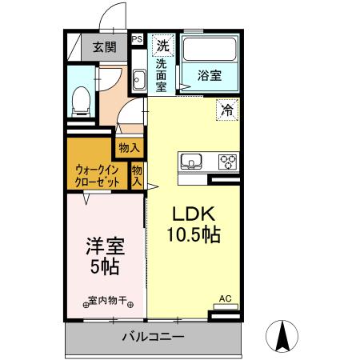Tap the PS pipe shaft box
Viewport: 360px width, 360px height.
coord(136,38)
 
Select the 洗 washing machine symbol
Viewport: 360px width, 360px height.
coord(162,45)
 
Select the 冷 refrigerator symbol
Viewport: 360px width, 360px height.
coord(227,110)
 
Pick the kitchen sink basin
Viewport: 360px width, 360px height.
coord(192,162)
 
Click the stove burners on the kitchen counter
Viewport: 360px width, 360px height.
coord(228,162)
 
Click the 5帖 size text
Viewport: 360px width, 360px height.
coord(104,268)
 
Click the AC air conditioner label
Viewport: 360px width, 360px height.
coord(225,299)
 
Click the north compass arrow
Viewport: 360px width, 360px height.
coord(282,335)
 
